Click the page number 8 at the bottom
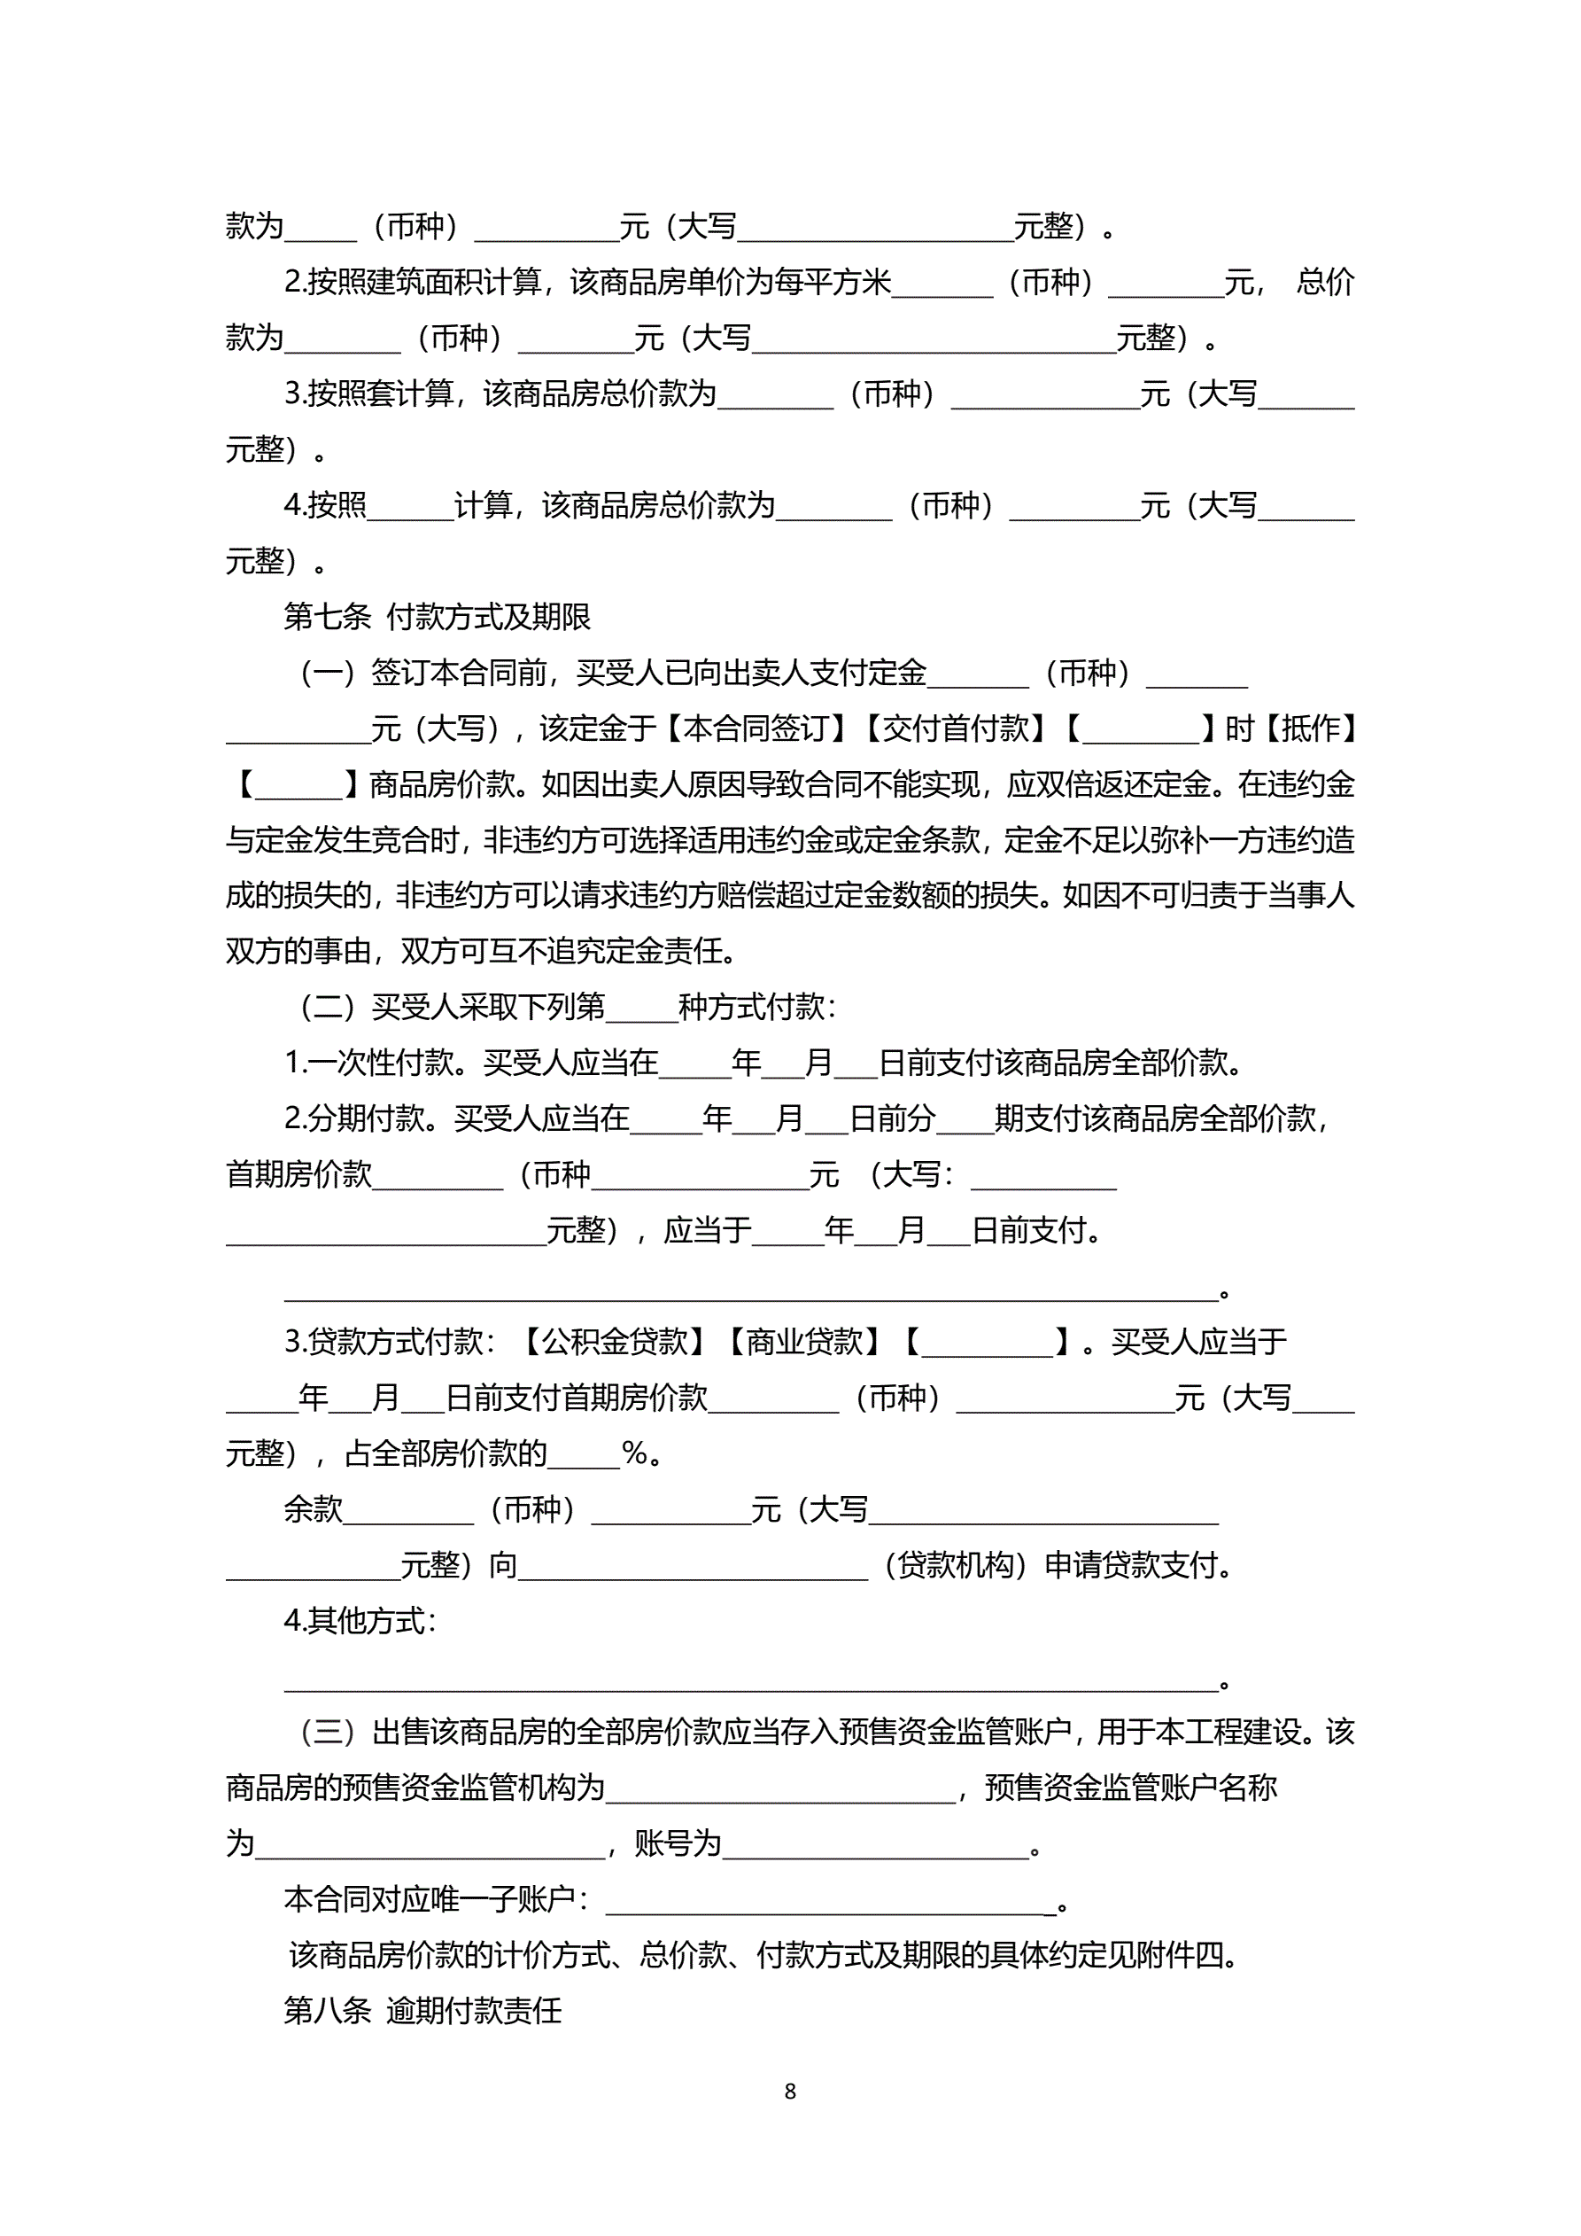789,2091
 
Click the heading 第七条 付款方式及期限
438,617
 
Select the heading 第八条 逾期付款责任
422,2010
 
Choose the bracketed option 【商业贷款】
804,1342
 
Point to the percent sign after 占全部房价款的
635,1454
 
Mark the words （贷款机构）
955,1566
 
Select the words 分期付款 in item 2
367,1119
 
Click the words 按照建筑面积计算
424,283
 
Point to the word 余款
313,1509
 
